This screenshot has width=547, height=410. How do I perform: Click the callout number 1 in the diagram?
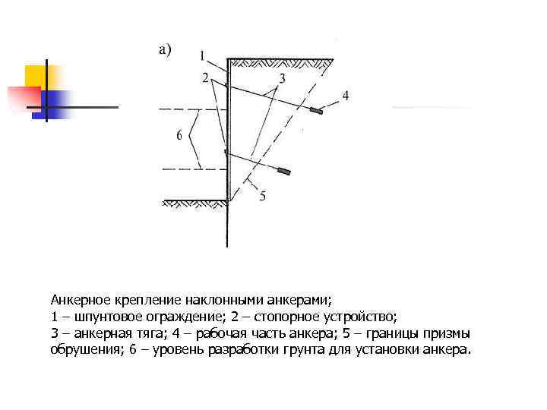click(x=202, y=55)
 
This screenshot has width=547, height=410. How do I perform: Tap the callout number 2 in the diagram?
click(x=205, y=77)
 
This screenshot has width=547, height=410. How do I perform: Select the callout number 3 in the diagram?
click(x=282, y=78)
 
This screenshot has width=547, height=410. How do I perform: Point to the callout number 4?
click(x=345, y=96)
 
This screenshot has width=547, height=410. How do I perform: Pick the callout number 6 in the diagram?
click(x=179, y=135)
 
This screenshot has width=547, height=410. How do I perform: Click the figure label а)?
click(x=165, y=49)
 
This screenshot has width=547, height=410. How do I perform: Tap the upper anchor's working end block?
click(x=315, y=111)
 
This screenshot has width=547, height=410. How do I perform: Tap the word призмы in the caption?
click(x=449, y=333)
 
